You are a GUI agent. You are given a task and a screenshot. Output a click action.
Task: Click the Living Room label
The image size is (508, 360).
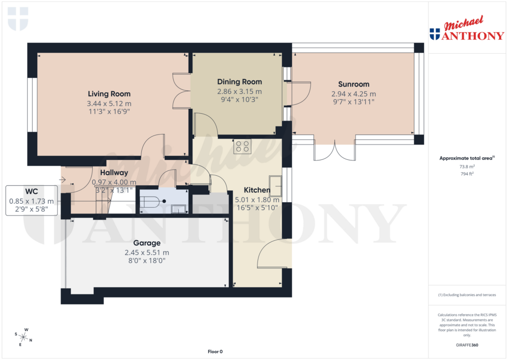[x=109, y=94]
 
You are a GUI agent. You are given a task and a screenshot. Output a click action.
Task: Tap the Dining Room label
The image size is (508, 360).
[x=240, y=82]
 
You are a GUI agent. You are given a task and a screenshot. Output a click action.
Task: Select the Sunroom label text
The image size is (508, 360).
[x=354, y=84]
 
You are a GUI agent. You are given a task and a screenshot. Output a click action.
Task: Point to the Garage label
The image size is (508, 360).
[x=147, y=243]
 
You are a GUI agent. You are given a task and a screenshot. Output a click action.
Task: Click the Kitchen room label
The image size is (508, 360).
[x=256, y=190]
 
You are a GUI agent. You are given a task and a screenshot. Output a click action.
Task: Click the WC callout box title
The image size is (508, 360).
[x=32, y=191]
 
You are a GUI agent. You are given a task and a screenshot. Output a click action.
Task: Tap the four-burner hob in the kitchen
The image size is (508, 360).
[x=243, y=145]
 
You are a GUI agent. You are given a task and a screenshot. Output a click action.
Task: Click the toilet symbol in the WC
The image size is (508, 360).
[x=150, y=202]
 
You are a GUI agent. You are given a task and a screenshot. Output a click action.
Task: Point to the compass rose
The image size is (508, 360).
[x=23, y=337]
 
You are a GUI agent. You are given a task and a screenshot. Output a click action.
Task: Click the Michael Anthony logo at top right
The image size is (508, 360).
[x=466, y=29]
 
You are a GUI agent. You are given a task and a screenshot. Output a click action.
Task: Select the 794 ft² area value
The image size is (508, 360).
[x=466, y=174]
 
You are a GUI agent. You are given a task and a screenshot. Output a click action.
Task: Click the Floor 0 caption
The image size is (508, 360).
[x=215, y=352]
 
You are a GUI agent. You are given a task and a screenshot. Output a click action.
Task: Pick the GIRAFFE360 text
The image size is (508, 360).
[x=466, y=345]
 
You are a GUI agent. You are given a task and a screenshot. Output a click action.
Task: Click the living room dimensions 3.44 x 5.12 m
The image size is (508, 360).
[x=109, y=104]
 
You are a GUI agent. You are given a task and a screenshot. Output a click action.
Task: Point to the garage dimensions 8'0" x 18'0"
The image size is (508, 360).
[x=147, y=260]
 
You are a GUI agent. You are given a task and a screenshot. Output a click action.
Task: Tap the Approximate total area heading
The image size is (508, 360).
[x=465, y=158]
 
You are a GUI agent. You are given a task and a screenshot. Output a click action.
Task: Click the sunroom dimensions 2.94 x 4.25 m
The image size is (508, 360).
[x=354, y=94]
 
